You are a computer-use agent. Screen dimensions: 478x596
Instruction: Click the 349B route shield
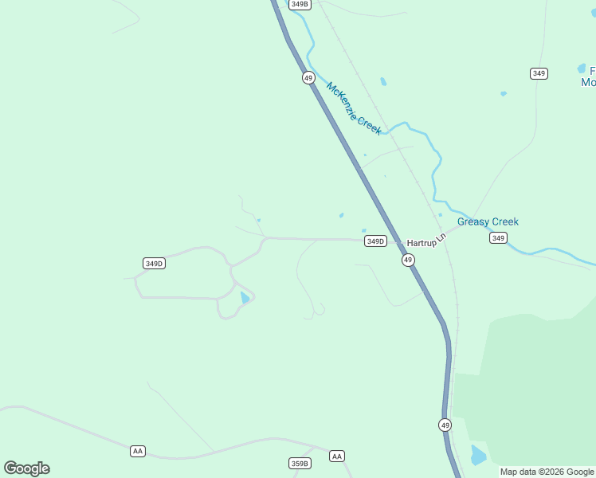point(300,4)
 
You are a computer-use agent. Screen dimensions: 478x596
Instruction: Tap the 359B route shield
point(300,463)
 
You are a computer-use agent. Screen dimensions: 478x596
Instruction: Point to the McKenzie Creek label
point(354,108)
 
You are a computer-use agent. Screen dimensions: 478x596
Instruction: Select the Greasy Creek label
point(488,221)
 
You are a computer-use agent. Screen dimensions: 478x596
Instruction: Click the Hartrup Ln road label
point(422,241)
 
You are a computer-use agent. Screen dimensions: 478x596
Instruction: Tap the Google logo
point(26,468)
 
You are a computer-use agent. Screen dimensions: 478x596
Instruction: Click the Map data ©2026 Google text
point(547,472)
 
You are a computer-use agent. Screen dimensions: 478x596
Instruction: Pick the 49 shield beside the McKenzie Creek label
point(308,77)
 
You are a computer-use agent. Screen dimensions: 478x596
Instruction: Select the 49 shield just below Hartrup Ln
point(408,261)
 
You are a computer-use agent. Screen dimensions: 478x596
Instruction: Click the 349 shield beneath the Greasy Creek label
point(498,238)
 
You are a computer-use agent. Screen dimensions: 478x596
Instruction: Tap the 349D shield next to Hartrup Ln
point(375,241)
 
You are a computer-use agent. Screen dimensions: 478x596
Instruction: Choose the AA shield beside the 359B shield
point(337,456)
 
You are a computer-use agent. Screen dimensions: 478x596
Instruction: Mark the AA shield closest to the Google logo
point(138,451)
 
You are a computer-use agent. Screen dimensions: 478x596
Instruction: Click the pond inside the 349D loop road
point(245,298)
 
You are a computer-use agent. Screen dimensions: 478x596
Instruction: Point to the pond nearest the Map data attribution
point(478,456)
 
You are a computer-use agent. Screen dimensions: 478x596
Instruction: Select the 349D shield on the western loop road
point(154,263)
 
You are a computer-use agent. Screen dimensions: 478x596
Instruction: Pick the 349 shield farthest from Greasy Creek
point(539,73)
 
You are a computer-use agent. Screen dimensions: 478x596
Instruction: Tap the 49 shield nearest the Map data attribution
point(445,425)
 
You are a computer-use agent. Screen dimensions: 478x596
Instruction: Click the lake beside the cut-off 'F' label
point(582,69)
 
